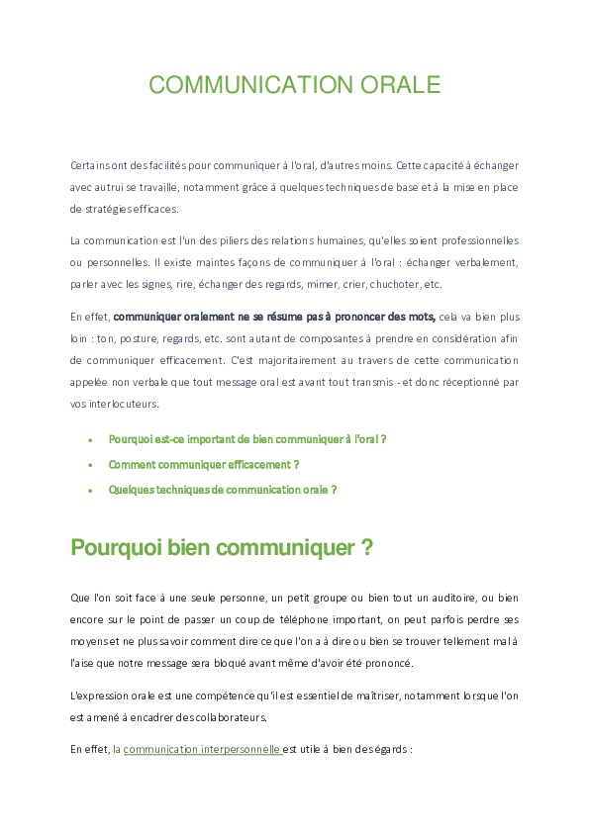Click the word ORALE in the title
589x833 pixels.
click(x=393, y=85)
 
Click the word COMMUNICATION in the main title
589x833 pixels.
click(x=244, y=85)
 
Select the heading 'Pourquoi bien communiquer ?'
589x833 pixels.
click(x=222, y=548)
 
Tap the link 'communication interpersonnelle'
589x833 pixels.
click(x=202, y=750)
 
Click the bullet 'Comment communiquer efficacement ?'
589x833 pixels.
click(x=204, y=464)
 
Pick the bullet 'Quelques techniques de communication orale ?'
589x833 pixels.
click(x=223, y=490)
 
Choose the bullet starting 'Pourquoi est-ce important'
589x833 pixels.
click(x=246, y=438)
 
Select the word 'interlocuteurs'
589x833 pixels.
click(x=114, y=404)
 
